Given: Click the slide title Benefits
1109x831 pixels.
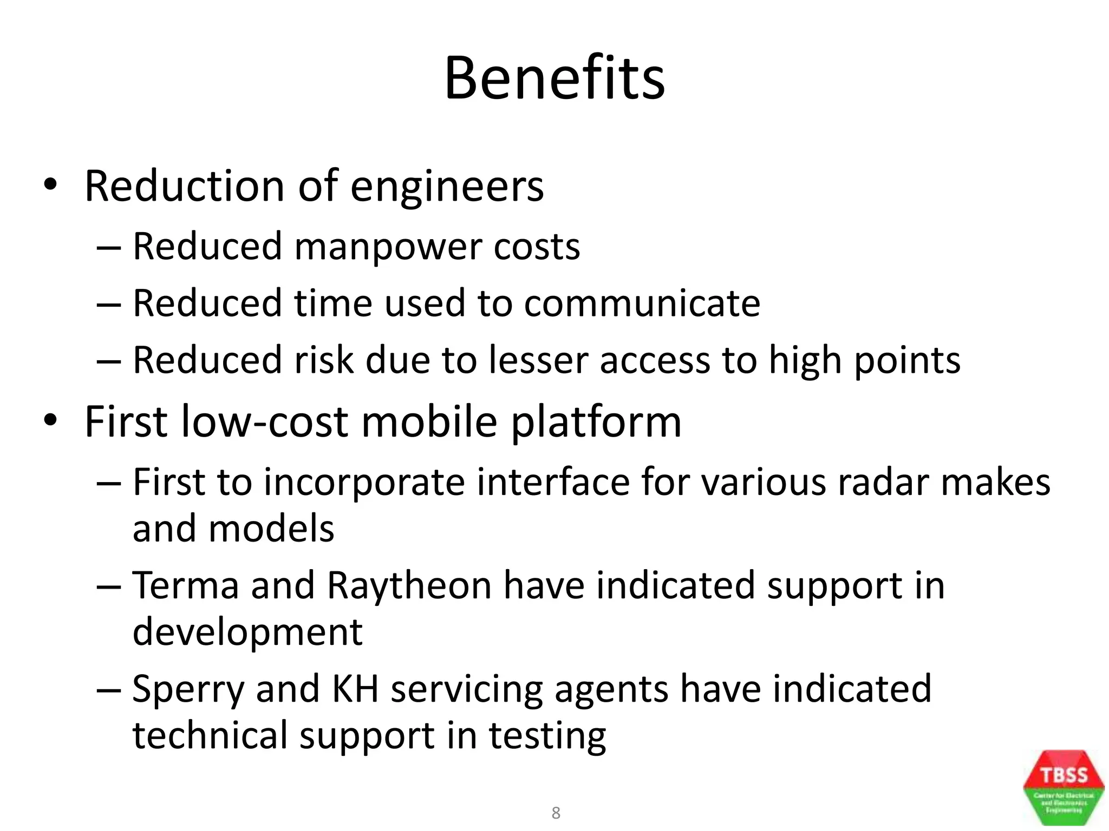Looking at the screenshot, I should (x=554, y=78).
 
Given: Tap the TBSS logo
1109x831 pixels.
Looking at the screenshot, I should (x=1064, y=787).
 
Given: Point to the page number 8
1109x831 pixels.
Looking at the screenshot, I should (x=556, y=813).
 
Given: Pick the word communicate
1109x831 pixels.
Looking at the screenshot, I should (x=642, y=303).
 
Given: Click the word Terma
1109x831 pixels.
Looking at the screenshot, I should (x=186, y=585).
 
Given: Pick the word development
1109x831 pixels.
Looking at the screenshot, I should (x=247, y=633).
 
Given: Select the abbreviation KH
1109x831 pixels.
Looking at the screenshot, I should (x=355, y=689).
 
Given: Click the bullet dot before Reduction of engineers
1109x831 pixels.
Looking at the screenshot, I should (x=50, y=186).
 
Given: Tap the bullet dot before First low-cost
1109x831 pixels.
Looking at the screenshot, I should (x=50, y=420).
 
